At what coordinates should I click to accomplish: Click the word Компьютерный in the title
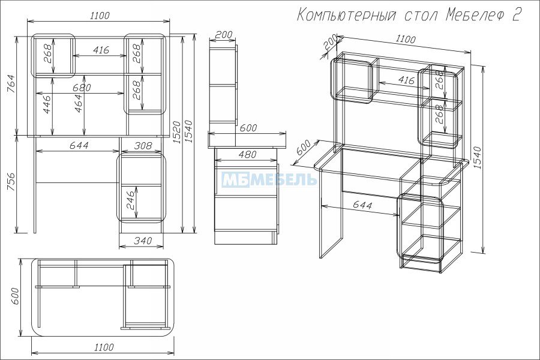point(346,16)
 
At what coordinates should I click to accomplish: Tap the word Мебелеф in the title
point(475,16)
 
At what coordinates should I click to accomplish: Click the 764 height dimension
point(11,84)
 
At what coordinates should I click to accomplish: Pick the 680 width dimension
point(82,88)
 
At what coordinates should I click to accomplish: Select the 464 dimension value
point(79,104)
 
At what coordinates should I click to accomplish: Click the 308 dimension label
point(143,146)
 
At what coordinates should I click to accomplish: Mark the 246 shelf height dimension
point(131,200)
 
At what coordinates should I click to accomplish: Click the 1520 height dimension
point(176,132)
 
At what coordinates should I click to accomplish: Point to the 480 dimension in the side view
point(247,154)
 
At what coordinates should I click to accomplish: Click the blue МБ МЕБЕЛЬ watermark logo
point(269,179)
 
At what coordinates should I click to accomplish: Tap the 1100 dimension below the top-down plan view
point(104,347)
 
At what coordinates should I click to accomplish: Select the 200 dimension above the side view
point(224,34)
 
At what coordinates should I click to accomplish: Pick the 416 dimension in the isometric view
point(406,80)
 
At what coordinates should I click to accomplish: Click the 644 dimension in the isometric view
point(362,205)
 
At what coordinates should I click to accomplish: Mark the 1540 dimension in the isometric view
point(477,158)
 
